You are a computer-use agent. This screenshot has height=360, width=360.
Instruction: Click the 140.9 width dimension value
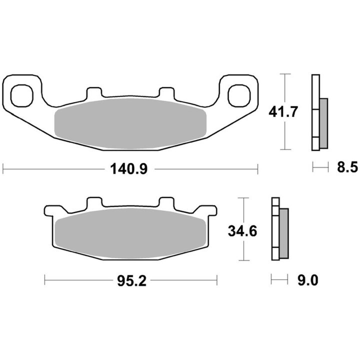[129, 169]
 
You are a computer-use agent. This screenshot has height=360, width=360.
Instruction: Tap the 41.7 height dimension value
[283, 112]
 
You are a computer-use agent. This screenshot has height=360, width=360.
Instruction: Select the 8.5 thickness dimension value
[347, 167]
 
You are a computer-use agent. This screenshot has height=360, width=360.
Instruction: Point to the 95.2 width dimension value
[131, 280]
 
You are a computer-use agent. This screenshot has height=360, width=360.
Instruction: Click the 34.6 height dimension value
[242, 231]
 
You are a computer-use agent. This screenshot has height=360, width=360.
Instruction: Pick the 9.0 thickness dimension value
[308, 280]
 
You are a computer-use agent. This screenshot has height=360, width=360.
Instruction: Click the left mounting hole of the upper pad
[22, 95]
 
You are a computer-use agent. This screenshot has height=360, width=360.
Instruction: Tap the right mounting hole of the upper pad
[239, 95]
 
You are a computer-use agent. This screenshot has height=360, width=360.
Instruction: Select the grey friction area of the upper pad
[130, 123]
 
